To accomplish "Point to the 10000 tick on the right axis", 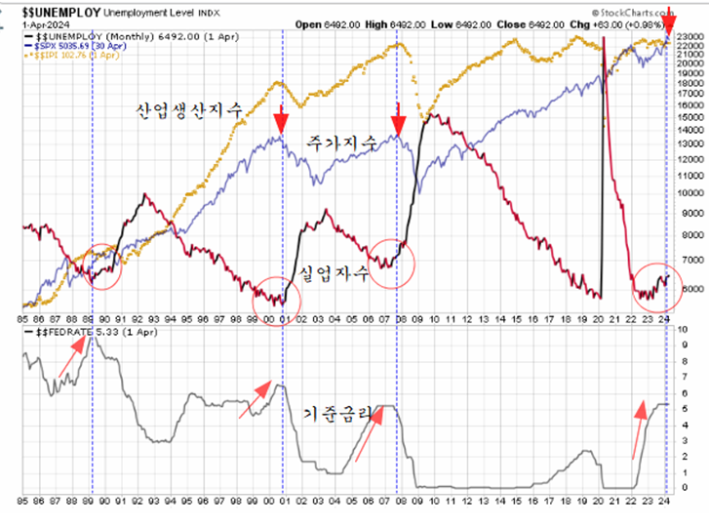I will (690, 192).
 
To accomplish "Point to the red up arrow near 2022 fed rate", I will (640, 429).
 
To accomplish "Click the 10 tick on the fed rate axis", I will (683, 330).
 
